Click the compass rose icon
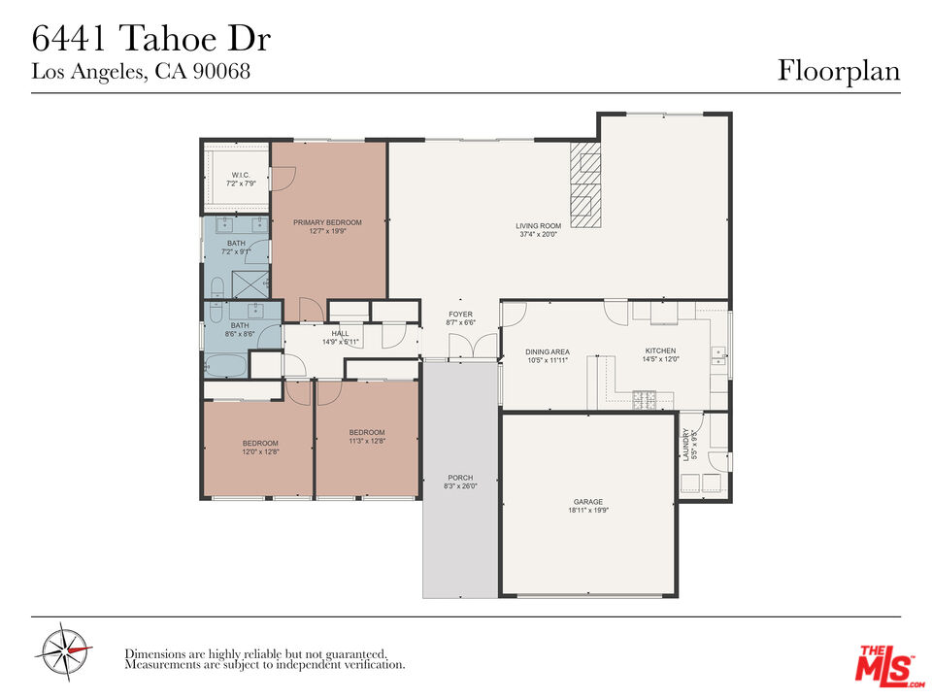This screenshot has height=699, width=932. tap(64, 650)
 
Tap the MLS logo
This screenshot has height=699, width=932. tap(883, 663)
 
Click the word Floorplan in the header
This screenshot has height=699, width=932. tap(838, 71)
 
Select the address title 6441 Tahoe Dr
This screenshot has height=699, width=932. tap(150, 40)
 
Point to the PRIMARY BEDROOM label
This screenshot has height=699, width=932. tap(327, 222)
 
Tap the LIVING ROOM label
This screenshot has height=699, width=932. tap(538, 226)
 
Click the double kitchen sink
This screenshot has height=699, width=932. tap(718, 355)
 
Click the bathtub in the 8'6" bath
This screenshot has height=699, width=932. tap(227, 366)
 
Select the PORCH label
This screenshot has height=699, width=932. tap(460, 477)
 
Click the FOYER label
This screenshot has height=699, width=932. tap(460, 315)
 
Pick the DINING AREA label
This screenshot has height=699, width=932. tap(547, 351)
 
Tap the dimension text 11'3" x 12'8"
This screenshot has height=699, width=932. tap(367, 442)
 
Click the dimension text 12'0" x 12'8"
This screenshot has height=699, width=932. tap(259, 451)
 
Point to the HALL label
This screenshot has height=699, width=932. tap(340, 333)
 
